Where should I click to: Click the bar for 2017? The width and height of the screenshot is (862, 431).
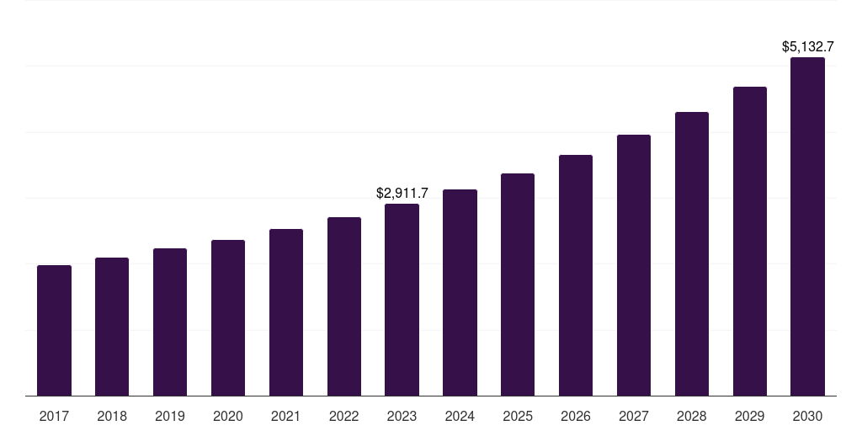coord(54,330)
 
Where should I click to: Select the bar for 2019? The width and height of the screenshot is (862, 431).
coord(170,322)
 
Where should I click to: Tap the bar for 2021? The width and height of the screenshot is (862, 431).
coord(286,312)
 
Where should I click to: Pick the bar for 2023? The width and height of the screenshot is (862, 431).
coord(402,300)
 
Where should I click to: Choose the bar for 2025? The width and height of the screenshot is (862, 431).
coord(518,285)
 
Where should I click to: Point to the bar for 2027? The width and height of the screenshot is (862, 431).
coord(634,265)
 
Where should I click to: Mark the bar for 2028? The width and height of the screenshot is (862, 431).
coord(692,253)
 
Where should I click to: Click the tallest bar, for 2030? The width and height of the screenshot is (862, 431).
coord(807,226)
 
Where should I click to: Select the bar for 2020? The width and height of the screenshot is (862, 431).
coord(228,317)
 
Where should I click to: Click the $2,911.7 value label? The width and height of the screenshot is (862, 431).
coord(402,194)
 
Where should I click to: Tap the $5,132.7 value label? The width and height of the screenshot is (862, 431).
coord(807,47)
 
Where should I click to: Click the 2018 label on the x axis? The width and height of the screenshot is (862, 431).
coord(112,416)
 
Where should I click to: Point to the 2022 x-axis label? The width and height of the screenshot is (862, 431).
coord(344,416)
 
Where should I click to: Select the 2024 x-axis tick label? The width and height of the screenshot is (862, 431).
coord(460,416)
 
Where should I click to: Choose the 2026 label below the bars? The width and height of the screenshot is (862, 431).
coord(576,416)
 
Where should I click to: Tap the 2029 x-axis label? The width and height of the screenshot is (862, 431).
coord(750,416)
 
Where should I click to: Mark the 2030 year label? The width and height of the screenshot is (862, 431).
coord(807,416)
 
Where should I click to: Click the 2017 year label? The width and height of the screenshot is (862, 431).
coord(54,416)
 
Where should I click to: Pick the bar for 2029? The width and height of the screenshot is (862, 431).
coord(750,241)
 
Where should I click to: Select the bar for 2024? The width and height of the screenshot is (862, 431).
coord(460,292)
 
